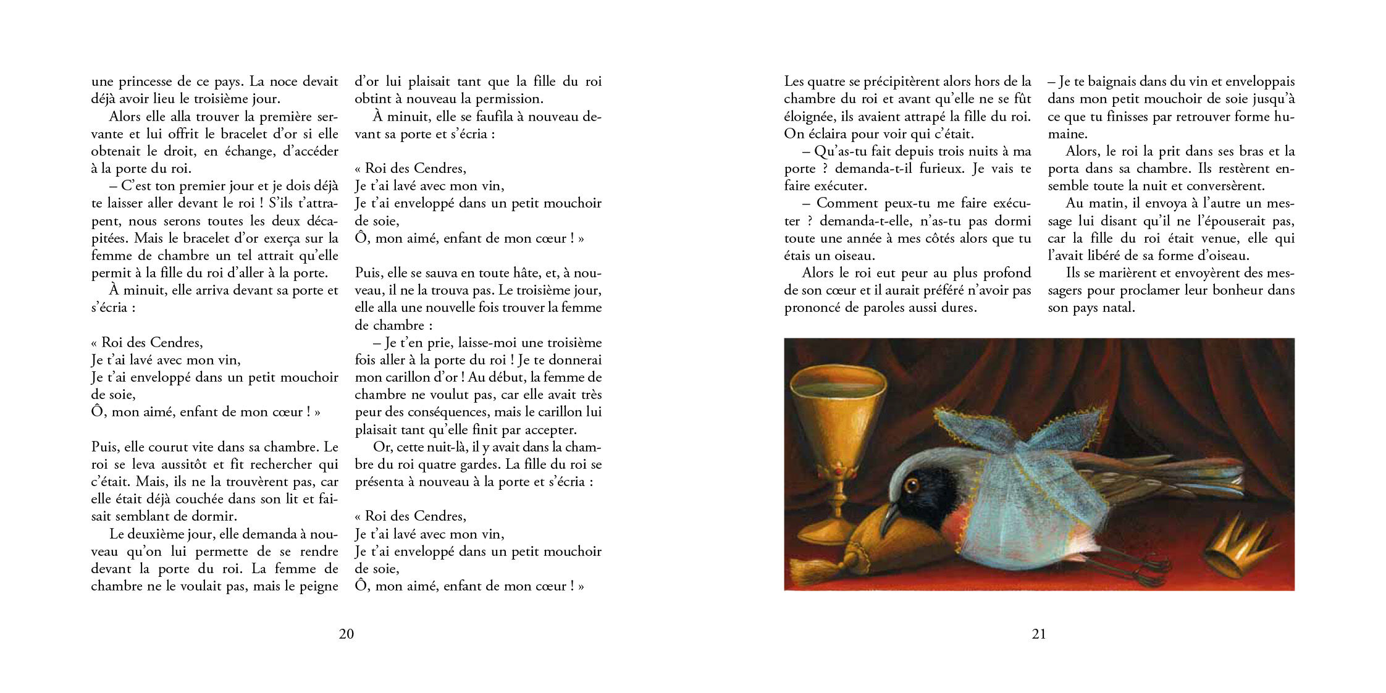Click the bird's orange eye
click(909, 485)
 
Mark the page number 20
click(346, 634)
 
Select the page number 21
click(1039, 634)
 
